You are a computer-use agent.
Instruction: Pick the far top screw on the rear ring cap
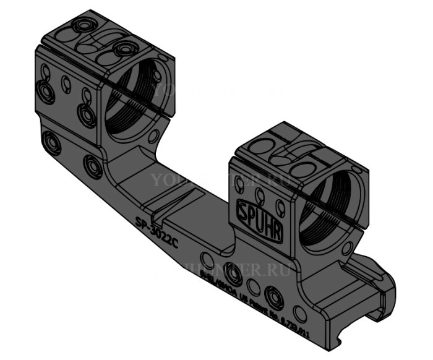pyautogui.click(x=83, y=25)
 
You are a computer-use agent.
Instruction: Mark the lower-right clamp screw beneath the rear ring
pyautogui.click(x=93, y=165)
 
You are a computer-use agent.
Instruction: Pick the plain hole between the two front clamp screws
pyautogui.click(x=253, y=286)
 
